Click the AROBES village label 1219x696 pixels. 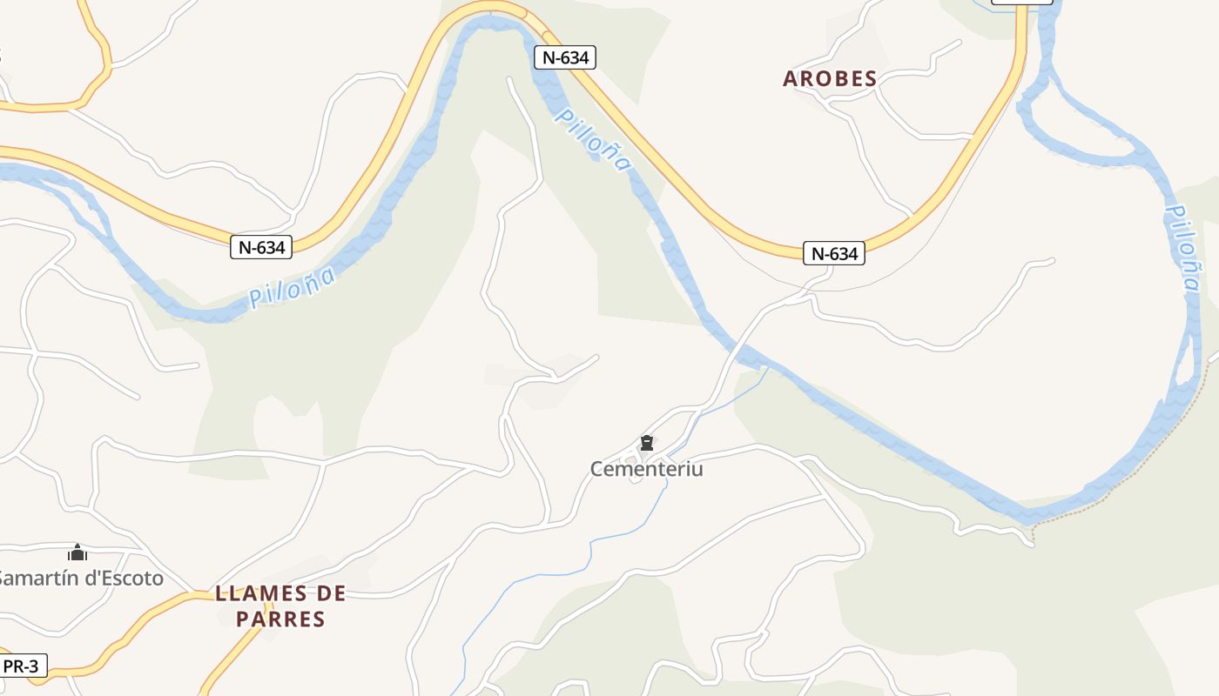tap(830, 78)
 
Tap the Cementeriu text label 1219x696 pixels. tap(646, 469)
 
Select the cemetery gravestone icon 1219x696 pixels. tap(646, 444)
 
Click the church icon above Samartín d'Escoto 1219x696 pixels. tap(77, 552)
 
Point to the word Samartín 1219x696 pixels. tap(39, 579)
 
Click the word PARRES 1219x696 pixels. tap(280, 619)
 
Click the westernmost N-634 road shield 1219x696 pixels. tap(261, 247)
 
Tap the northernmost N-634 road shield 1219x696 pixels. tap(565, 58)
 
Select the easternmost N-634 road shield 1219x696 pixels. tap(834, 253)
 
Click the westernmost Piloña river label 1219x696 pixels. tap(293, 288)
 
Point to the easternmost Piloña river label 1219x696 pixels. tap(1182, 248)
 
